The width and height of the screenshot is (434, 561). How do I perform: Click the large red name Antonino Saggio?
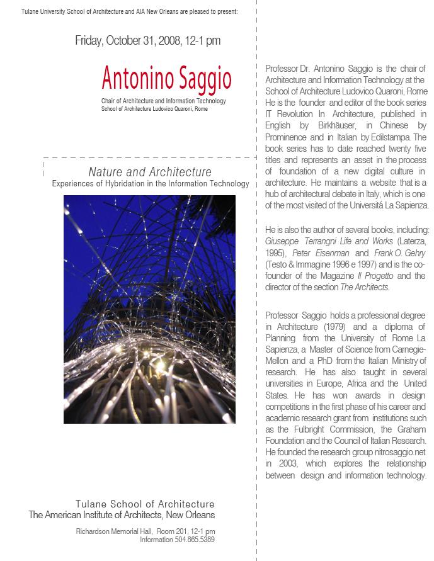[x=166, y=79]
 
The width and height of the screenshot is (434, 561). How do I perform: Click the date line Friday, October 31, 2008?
[x=147, y=41]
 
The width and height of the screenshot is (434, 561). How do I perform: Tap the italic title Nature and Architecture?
[x=150, y=172]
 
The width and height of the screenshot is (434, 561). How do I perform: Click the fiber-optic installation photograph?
[x=149, y=309]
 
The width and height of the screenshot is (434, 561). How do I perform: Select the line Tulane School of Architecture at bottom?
[x=145, y=504]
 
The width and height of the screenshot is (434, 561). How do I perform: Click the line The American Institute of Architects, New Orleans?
[x=122, y=515]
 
